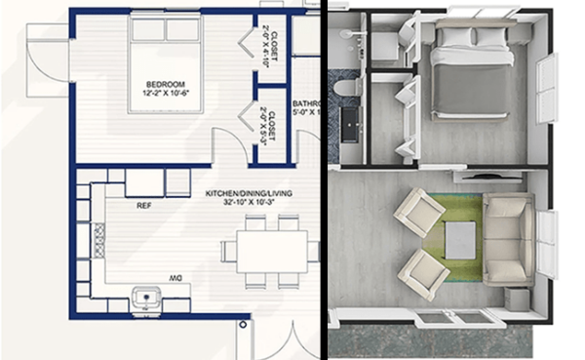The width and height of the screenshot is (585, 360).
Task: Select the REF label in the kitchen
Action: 143,206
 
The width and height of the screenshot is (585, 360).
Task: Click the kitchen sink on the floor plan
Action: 144,295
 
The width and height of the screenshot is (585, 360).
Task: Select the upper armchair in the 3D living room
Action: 418,212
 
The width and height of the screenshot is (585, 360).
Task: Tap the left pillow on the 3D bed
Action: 453,37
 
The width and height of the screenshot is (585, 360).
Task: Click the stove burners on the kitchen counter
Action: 97,237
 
